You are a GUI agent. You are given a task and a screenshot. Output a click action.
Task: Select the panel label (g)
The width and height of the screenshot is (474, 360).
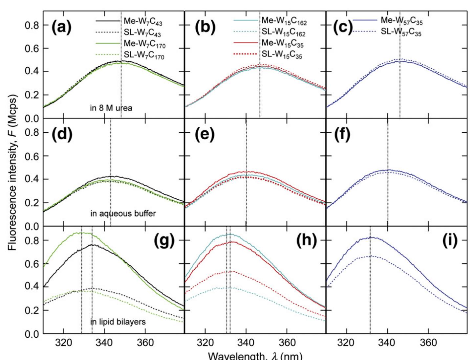(x=164, y=241)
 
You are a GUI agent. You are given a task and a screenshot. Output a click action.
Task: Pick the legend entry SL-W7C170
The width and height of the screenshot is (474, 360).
(x=144, y=56)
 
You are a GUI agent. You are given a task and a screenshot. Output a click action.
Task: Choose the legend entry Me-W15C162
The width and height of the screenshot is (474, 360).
(x=284, y=21)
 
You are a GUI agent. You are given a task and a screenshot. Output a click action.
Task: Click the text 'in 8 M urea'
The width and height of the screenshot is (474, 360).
(x=111, y=108)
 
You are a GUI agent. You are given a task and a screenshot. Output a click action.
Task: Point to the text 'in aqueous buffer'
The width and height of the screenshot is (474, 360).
(x=123, y=214)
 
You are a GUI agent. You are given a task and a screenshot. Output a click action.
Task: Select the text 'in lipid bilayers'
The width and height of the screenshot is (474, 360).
(x=118, y=322)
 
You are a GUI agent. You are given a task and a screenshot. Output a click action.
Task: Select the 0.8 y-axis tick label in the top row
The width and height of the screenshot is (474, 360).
(x=32, y=25)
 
